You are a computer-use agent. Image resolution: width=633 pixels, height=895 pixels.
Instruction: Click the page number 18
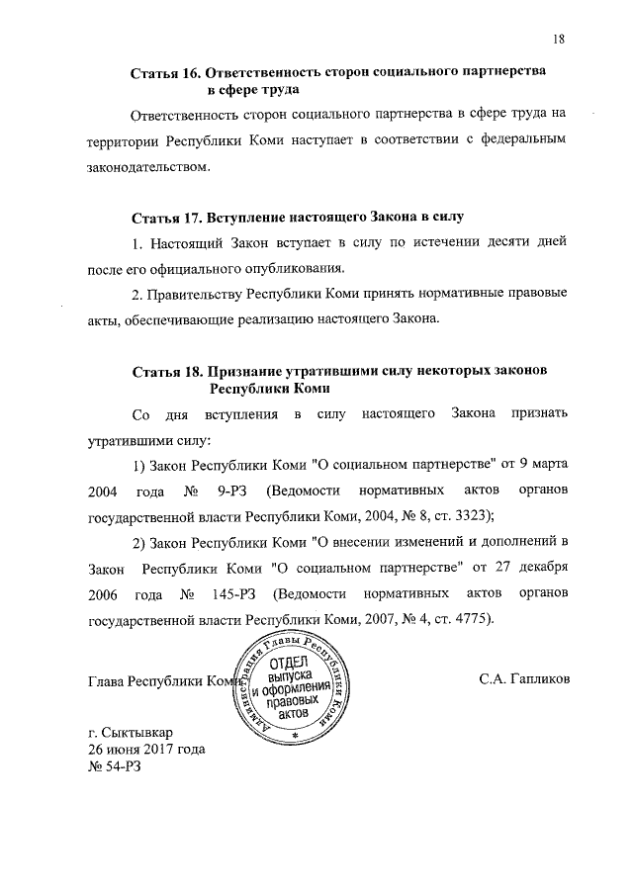(x=559, y=40)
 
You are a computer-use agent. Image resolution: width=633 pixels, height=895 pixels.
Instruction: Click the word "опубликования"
(x=297, y=268)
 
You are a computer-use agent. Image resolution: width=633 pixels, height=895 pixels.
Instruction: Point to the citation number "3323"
(x=472, y=517)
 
